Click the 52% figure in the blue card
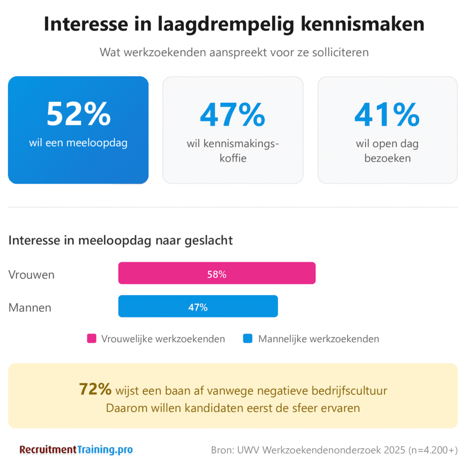tap(78, 114)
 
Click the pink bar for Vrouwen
tap(217, 273)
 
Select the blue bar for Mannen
tap(198, 306)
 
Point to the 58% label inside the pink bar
tap(217, 275)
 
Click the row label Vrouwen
tap(32, 275)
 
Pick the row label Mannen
tap(30, 307)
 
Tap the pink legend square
tap(92, 339)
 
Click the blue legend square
tap(248, 339)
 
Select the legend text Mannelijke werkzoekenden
tap(318, 339)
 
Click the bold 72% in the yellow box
tap(95, 389)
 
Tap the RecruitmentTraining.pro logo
tap(76, 450)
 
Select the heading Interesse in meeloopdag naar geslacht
tap(121, 240)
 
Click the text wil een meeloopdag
tap(78, 143)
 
